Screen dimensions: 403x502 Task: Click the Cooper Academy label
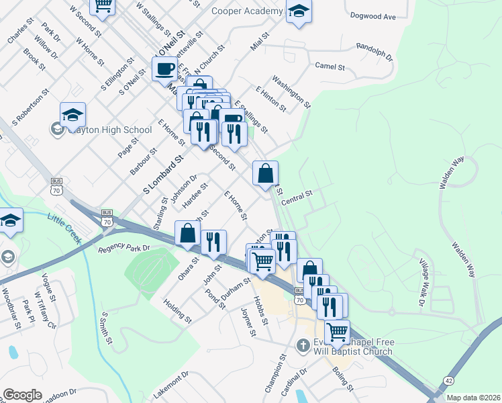point(247,11)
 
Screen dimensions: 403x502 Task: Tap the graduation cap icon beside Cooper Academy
point(299,11)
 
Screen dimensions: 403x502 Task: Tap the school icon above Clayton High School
point(72,116)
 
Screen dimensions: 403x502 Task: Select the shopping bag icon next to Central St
point(266,173)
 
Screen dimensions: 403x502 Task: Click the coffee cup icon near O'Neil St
point(164,68)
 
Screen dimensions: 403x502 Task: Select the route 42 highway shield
point(448,380)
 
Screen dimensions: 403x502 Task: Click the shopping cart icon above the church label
point(337,331)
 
